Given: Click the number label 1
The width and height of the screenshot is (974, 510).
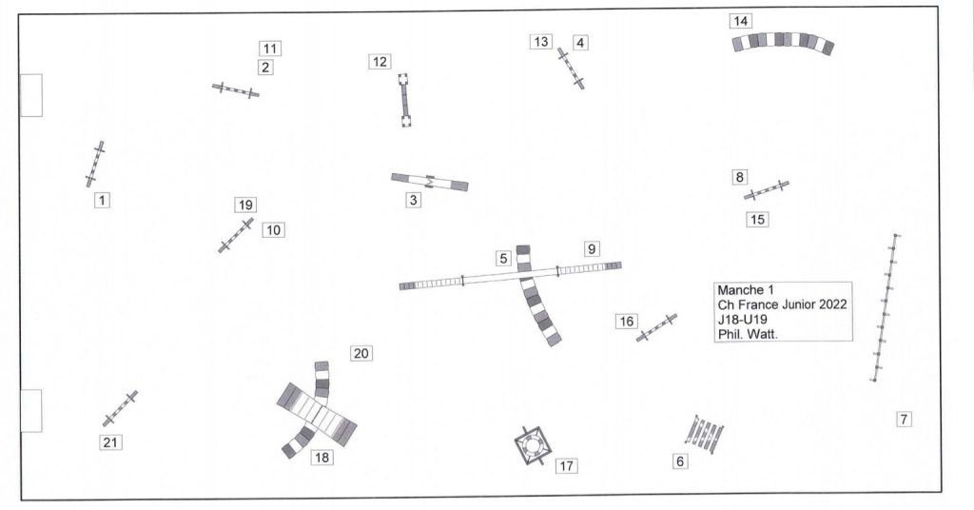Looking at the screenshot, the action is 102,201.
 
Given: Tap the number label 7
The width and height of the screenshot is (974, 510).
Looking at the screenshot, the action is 904,420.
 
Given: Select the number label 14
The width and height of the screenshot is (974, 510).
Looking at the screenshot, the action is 740,21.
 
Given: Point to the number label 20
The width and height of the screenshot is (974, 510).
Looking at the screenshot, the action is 360,353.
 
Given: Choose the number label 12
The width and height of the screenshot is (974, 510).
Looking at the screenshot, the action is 380,62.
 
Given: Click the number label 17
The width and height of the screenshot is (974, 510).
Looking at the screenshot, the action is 566,466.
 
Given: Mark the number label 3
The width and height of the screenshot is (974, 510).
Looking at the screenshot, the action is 413,200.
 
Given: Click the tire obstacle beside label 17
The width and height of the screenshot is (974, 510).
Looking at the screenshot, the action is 533,445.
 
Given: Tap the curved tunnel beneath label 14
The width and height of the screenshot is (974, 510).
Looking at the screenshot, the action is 783,41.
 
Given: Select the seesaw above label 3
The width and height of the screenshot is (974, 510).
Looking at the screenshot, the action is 430,182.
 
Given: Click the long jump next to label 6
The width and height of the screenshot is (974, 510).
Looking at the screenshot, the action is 705,434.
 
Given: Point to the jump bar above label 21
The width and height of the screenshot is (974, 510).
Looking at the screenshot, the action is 120,408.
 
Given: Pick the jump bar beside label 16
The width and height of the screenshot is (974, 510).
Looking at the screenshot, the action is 656,327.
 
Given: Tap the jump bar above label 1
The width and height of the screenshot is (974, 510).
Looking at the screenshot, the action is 95,164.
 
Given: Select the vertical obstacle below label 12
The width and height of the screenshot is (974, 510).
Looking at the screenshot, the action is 404,100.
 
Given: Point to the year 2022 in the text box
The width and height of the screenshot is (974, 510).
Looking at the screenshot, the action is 832,305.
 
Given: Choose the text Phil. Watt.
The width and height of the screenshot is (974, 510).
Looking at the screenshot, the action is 748,334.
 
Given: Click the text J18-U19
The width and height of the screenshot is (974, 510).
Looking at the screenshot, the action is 742,320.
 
